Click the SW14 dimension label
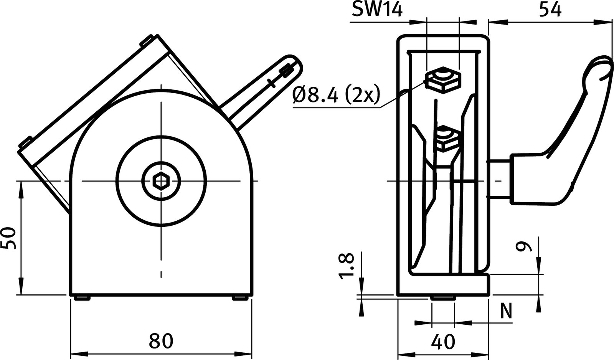377,10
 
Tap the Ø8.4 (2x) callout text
336,95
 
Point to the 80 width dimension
161,341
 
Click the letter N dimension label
507,312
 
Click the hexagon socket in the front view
161,180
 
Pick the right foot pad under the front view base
240,298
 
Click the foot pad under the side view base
442,298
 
